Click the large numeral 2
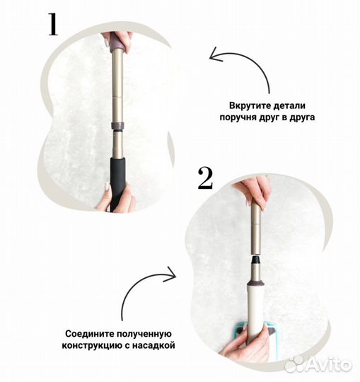point(205,178)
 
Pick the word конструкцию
point(93,346)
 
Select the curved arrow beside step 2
point(145,294)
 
